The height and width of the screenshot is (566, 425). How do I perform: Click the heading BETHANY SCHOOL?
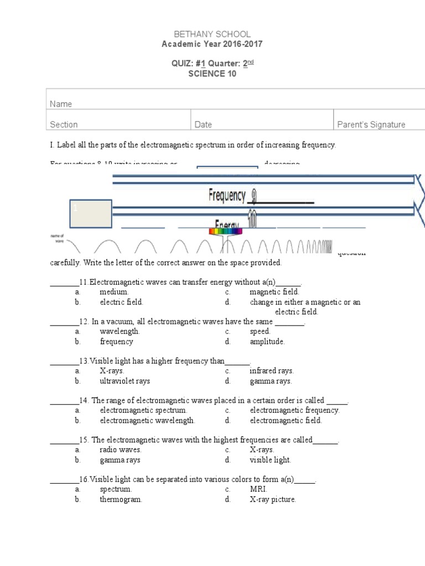coord(212,34)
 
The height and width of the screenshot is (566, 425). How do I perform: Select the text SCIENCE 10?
coord(212,74)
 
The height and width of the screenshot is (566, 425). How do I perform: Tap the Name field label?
coord(61,104)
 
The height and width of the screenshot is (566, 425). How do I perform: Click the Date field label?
coord(203,124)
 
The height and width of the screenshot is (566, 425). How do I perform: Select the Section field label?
coord(64,124)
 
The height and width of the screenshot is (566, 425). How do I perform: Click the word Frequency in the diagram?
coord(227,195)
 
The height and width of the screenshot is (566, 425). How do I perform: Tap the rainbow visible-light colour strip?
coord(224,232)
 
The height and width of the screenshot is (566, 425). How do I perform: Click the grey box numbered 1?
coord(91,214)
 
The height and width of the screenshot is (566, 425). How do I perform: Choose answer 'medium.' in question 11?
coord(114,292)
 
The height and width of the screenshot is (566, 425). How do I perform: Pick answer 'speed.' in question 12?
coord(260,332)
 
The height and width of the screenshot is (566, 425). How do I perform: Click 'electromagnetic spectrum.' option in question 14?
coord(143,410)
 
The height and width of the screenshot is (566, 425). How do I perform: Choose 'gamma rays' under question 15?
coord(120,460)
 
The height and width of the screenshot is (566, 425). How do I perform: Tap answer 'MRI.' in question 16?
coord(258,489)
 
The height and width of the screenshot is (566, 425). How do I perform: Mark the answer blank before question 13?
coord(64,361)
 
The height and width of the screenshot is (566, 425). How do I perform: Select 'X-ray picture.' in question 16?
coord(273,499)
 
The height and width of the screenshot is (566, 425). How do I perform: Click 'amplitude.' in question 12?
coord(267,342)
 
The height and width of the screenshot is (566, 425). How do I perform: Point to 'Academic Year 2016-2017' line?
coord(212,44)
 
